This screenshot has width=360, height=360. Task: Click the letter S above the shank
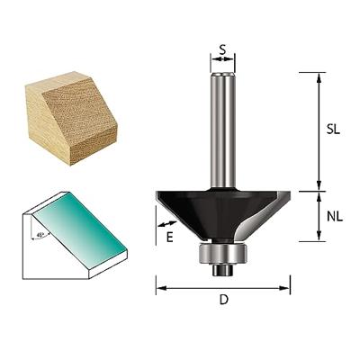click(222, 50)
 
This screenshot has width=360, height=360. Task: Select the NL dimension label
click(335, 216)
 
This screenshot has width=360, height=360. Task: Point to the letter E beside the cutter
click(169, 237)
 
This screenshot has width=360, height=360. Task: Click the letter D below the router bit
click(223, 301)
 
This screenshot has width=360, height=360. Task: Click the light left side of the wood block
click(49, 121)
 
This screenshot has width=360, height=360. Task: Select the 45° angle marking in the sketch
click(42, 236)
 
